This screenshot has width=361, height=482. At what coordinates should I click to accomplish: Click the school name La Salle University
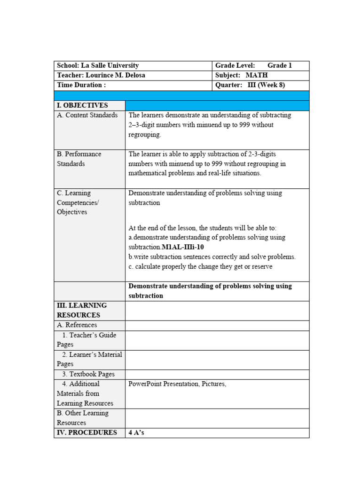tap(110, 65)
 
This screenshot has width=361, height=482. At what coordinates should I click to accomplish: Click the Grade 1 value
tap(280, 65)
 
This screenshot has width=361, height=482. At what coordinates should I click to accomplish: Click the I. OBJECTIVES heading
tap(82, 105)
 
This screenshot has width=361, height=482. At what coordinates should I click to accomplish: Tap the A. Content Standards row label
tap(87, 115)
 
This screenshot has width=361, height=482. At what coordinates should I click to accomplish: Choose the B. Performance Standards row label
tap(79, 159)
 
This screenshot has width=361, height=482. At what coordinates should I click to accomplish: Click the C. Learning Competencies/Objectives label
tap(78, 202)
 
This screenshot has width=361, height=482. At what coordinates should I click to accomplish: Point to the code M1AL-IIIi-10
tap(183, 247)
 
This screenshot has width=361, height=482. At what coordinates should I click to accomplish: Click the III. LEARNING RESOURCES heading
tap(82, 310)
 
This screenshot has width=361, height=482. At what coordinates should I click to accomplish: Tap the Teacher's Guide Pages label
tap(88, 339)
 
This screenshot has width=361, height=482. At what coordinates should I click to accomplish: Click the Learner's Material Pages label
tap(89, 359)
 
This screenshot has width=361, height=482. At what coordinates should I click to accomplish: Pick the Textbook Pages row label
tap(88, 374)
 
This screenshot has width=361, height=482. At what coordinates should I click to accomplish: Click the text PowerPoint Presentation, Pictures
tap(177, 384)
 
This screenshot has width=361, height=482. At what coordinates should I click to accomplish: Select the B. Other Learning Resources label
tap(83, 418)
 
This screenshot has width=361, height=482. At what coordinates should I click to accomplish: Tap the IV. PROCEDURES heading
tap(87, 433)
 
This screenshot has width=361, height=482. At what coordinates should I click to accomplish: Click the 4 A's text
tap(136, 433)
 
